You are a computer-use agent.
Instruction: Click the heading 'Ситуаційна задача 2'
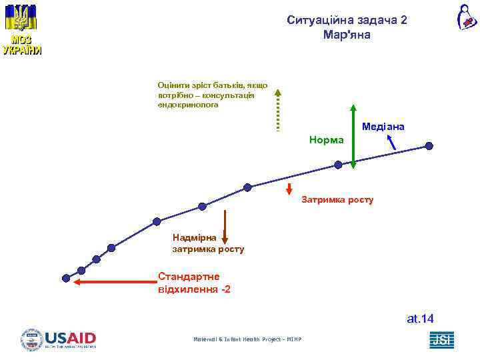(x=347, y=20)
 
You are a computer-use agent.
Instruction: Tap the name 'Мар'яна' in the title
(x=346, y=35)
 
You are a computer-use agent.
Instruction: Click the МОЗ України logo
(x=22, y=31)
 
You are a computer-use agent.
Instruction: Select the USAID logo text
(x=71, y=339)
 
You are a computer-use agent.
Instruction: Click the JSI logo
(x=441, y=340)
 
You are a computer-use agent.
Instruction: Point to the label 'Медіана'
(x=383, y=126)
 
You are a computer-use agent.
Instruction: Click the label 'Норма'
(x=327, y=140)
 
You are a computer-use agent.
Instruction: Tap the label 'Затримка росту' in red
(x=337, y=199)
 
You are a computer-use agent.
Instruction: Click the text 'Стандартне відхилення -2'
(x=194, y=283)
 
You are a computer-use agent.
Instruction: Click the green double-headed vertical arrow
(x=354, y=137)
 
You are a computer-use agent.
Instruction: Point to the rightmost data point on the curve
(x=429, y=146)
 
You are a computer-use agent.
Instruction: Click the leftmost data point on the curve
(x=66, y=277)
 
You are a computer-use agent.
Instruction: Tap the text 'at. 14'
(x=420, y=319)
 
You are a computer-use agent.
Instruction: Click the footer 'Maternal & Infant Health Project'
(x=247, y=340)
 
